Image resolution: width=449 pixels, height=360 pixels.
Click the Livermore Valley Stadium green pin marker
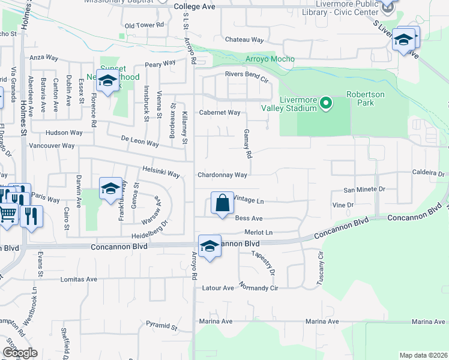326,103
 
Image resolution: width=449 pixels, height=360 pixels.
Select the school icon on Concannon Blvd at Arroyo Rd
209,247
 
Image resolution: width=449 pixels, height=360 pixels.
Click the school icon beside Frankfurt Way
110,189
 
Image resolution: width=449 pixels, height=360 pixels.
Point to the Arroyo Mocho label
270,59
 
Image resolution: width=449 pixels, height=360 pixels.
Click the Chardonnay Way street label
223,175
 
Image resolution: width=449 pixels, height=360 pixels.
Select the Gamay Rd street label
248,143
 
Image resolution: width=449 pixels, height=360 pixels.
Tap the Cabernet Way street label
220,112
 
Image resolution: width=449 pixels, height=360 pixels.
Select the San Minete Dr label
364,190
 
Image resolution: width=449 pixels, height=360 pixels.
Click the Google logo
20,352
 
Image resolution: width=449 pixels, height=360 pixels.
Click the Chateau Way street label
244,40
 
